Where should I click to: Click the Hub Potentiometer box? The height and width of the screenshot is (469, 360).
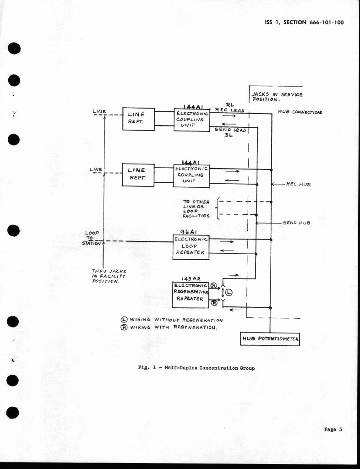tap(270, 339)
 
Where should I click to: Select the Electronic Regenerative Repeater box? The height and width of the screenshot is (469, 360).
tap(191, 295)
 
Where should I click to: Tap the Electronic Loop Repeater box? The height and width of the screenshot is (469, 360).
tap(191, 247)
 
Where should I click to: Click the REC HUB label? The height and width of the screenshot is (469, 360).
tap(298, 184)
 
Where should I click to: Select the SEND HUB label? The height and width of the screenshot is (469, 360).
tap(296, 223)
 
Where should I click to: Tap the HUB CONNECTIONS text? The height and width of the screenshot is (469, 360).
tap(300, 112)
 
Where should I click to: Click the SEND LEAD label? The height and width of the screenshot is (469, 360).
tap(230, 130)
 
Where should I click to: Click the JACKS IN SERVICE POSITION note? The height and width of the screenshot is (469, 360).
tap(277, 97)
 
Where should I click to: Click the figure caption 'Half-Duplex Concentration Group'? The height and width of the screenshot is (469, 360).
tap(196, 368)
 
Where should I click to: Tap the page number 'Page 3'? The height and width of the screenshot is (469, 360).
tap(333, 429)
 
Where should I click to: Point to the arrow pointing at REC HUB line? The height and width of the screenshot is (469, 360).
tap(278, 184)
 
